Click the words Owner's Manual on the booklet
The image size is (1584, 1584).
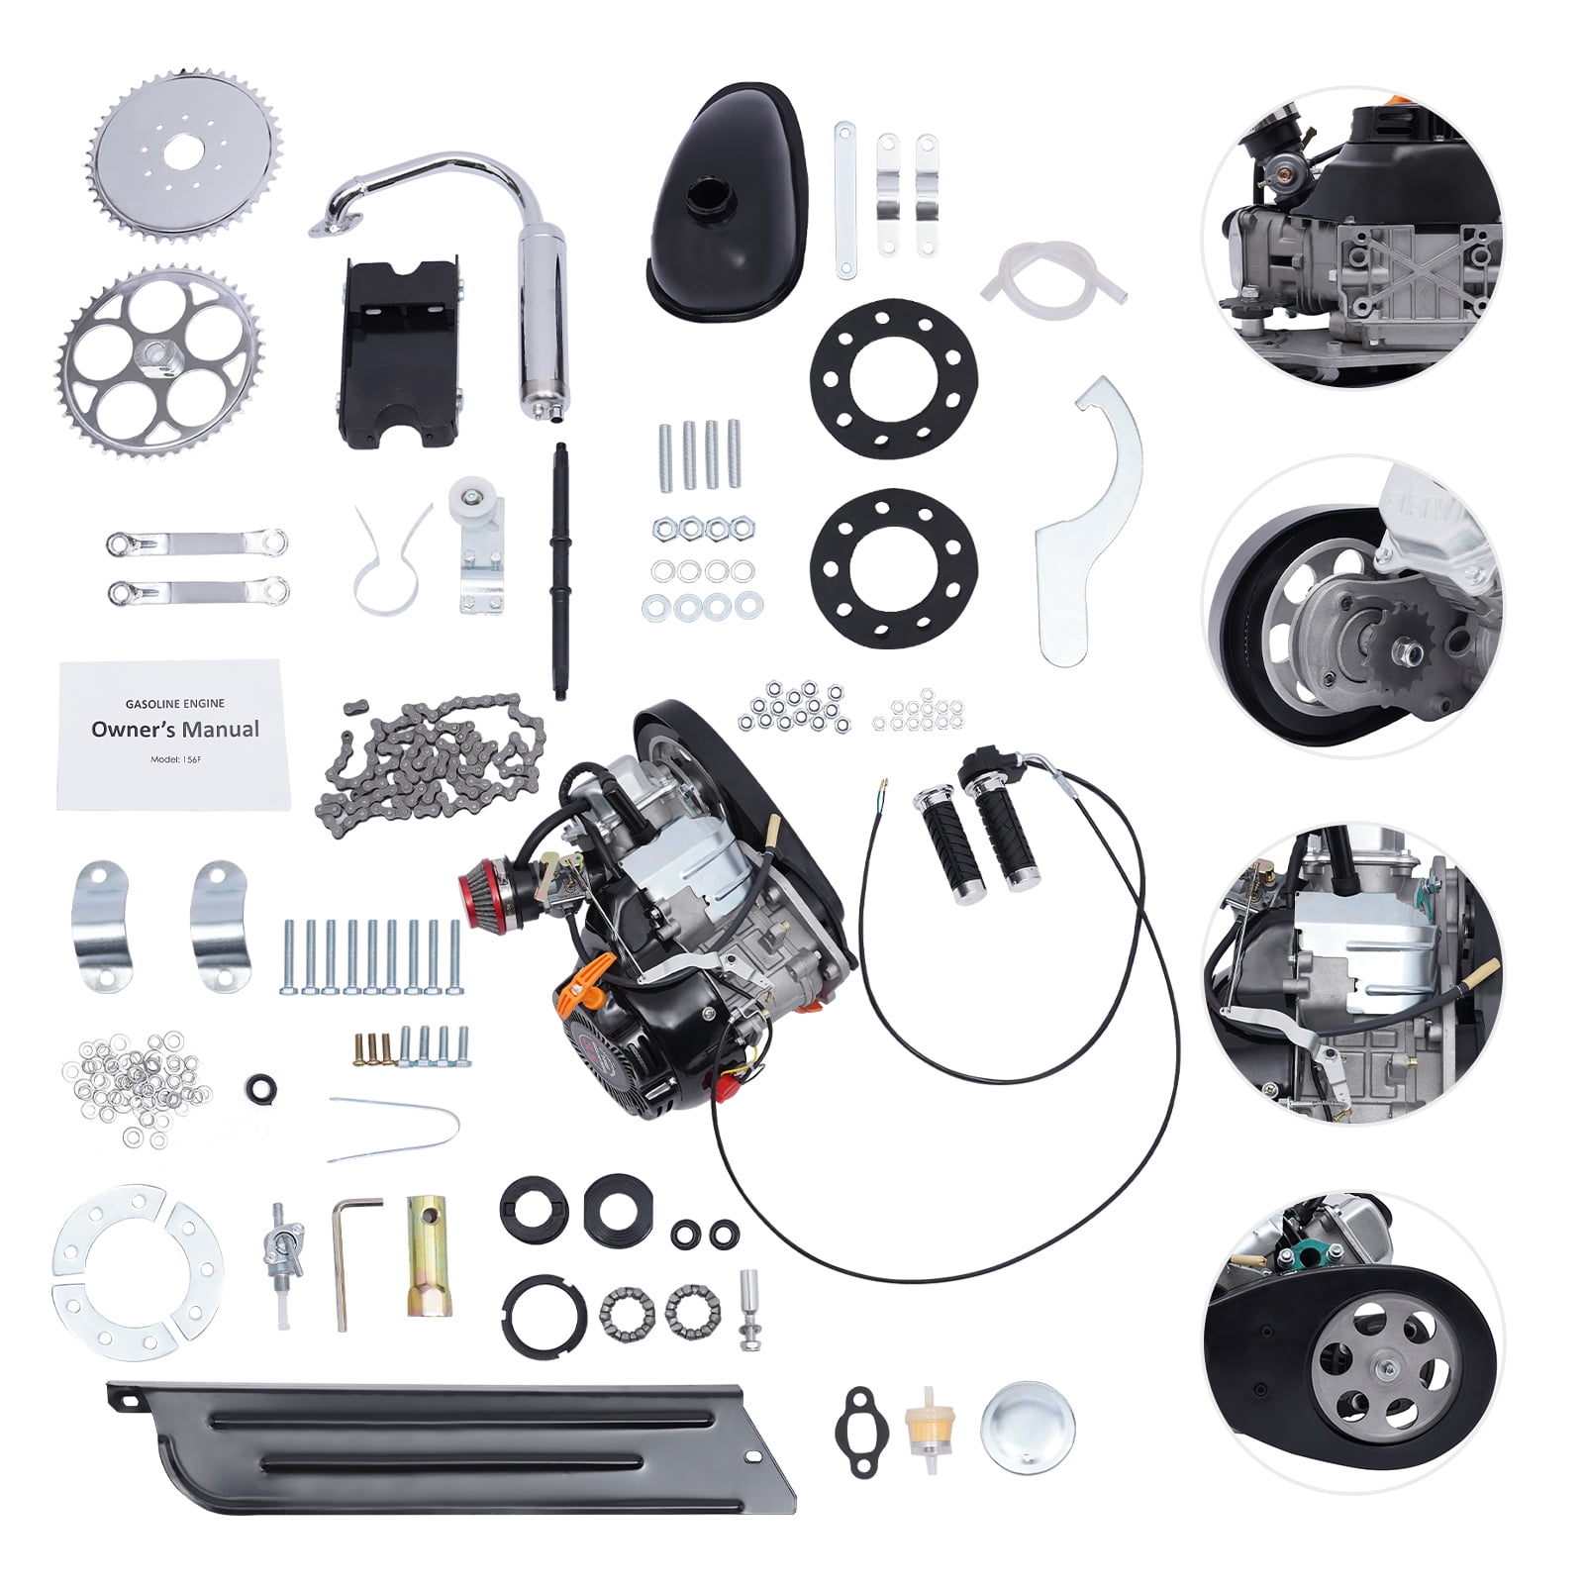[x=175, y=730]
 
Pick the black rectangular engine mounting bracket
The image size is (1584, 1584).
[x=402, y=351]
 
